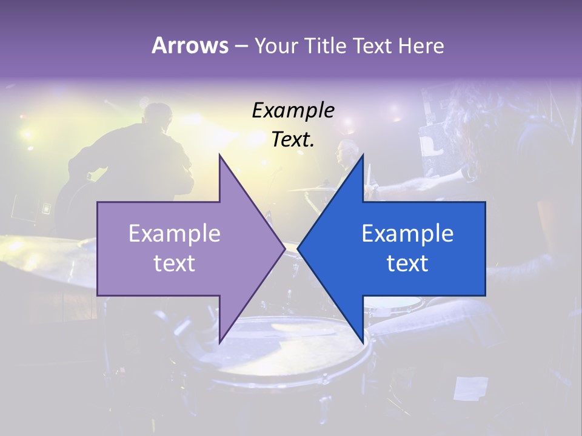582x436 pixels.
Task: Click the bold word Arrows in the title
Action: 190,45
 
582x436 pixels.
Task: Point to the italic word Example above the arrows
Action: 293,110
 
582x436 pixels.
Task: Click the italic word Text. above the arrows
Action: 293,139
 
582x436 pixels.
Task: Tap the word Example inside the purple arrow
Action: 175,233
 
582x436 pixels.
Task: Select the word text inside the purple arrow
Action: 175,263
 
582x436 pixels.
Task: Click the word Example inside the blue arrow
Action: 407,233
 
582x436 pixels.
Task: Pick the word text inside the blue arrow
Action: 407,263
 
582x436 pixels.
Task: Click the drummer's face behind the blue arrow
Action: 346,151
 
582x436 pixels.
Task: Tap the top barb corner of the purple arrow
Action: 219,156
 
